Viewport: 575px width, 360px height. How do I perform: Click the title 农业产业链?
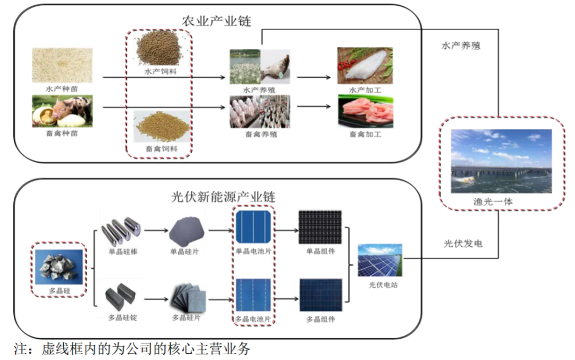217,21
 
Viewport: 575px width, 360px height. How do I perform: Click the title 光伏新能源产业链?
223,197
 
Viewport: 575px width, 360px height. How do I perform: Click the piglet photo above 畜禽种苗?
62,110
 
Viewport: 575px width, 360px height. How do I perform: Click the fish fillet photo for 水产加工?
365,66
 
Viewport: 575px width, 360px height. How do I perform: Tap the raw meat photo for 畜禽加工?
365,111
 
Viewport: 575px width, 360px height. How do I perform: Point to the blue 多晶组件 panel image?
320,295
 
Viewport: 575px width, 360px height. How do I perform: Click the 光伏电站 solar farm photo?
379,261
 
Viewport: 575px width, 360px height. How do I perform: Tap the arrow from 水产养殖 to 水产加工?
313,76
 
